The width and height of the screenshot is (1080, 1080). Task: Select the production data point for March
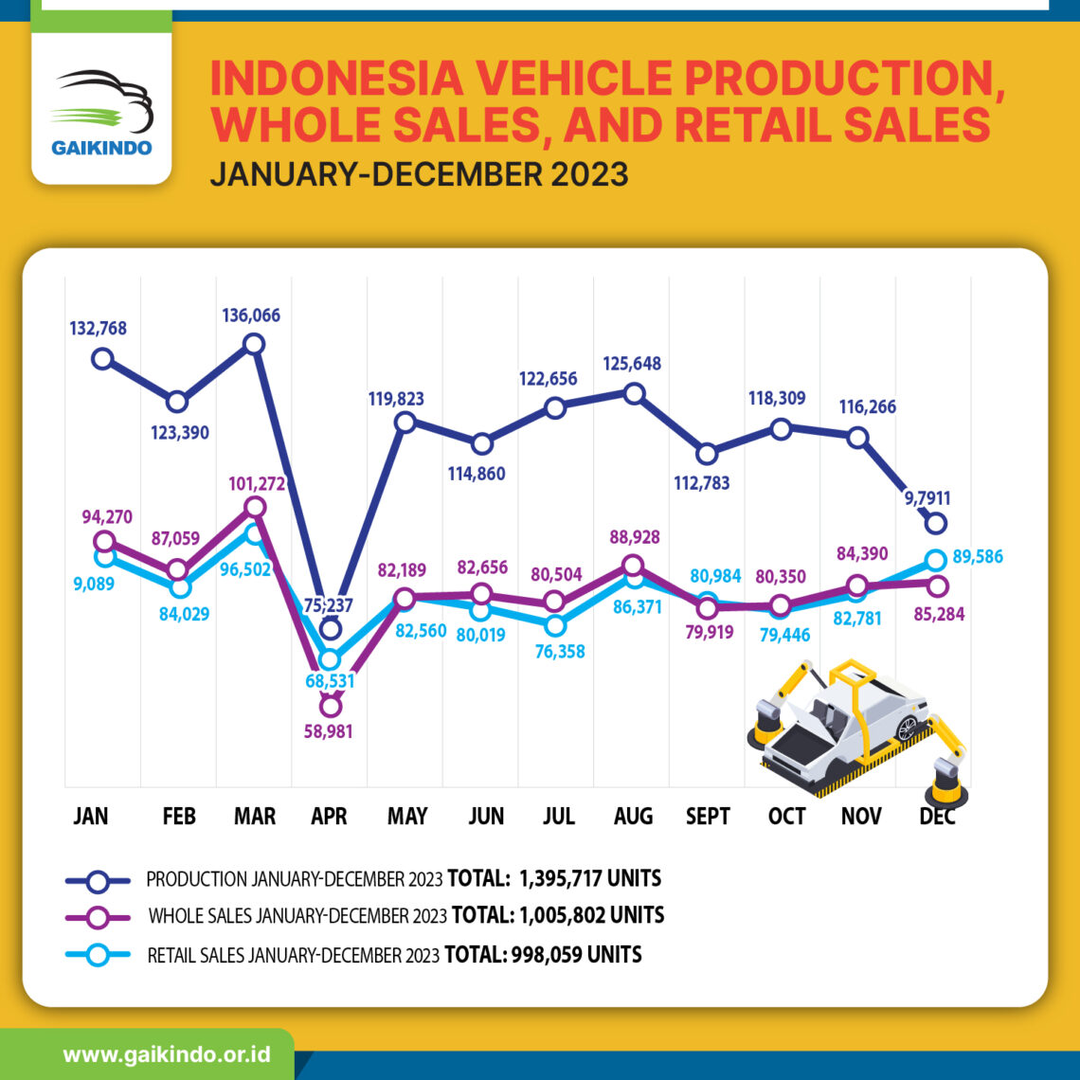pyautogui.click(x=254, y=344)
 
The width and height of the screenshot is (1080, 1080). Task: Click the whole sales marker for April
pyautogui.click(x=330, y=705)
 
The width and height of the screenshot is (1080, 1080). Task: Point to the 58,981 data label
pyautogui.click(x=330, y=731)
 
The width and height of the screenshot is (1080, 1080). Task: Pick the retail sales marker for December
pyautogui.click(x=935, y=559)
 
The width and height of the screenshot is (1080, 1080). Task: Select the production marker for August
pyautogui.click(x=635, y=392)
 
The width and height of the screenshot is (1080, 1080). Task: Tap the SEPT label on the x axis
pyautogui.click(x=708, y=817)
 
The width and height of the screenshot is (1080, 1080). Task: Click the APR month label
pyautogui.click(x=329, y=817)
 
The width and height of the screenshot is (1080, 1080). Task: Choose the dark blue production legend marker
pyautogui.click(x=98, y=880)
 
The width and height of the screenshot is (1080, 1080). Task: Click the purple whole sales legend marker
pyautogui.click(x=98, y=917)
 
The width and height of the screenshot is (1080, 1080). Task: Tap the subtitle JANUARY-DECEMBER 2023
pyautogui.click(x=419, y=175)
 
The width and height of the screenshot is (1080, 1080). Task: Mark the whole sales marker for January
pyautogui.click(x=103, y=541)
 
